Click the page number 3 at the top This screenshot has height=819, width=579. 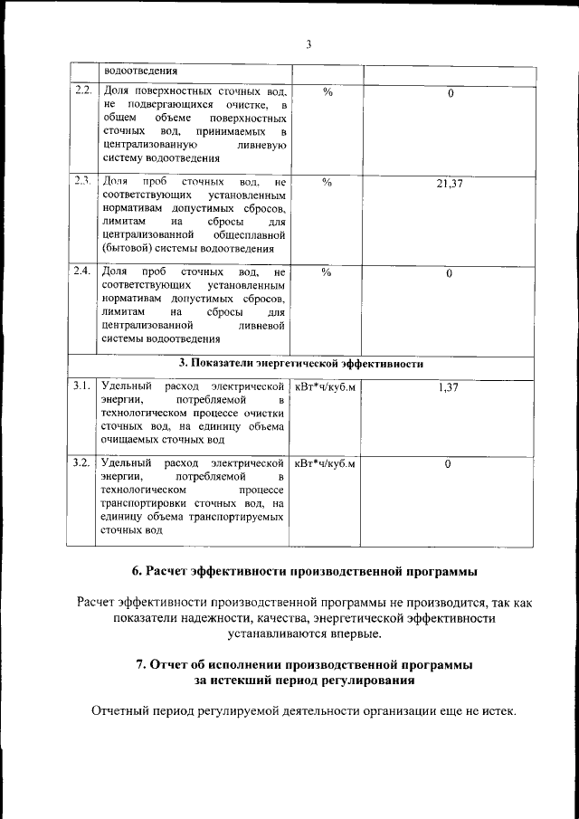(308, 45)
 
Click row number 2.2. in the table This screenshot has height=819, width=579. (82, 92)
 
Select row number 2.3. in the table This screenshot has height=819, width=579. (82, 182)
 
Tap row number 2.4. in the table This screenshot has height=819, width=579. (82, 271)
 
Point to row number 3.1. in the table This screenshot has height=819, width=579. (82, 387)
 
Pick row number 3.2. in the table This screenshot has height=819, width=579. (82, 463)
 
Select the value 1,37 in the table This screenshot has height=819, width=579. (449, 388)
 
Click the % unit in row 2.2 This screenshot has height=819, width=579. (327, 92)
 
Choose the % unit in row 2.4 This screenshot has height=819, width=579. (327, 271)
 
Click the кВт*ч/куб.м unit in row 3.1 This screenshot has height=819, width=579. (326, 387)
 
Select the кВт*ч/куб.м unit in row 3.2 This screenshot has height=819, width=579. (326, 463)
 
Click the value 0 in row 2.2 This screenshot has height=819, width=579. (450, 94)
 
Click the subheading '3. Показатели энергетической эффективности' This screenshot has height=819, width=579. (301, 364)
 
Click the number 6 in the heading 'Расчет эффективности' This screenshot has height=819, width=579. (136, 571)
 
